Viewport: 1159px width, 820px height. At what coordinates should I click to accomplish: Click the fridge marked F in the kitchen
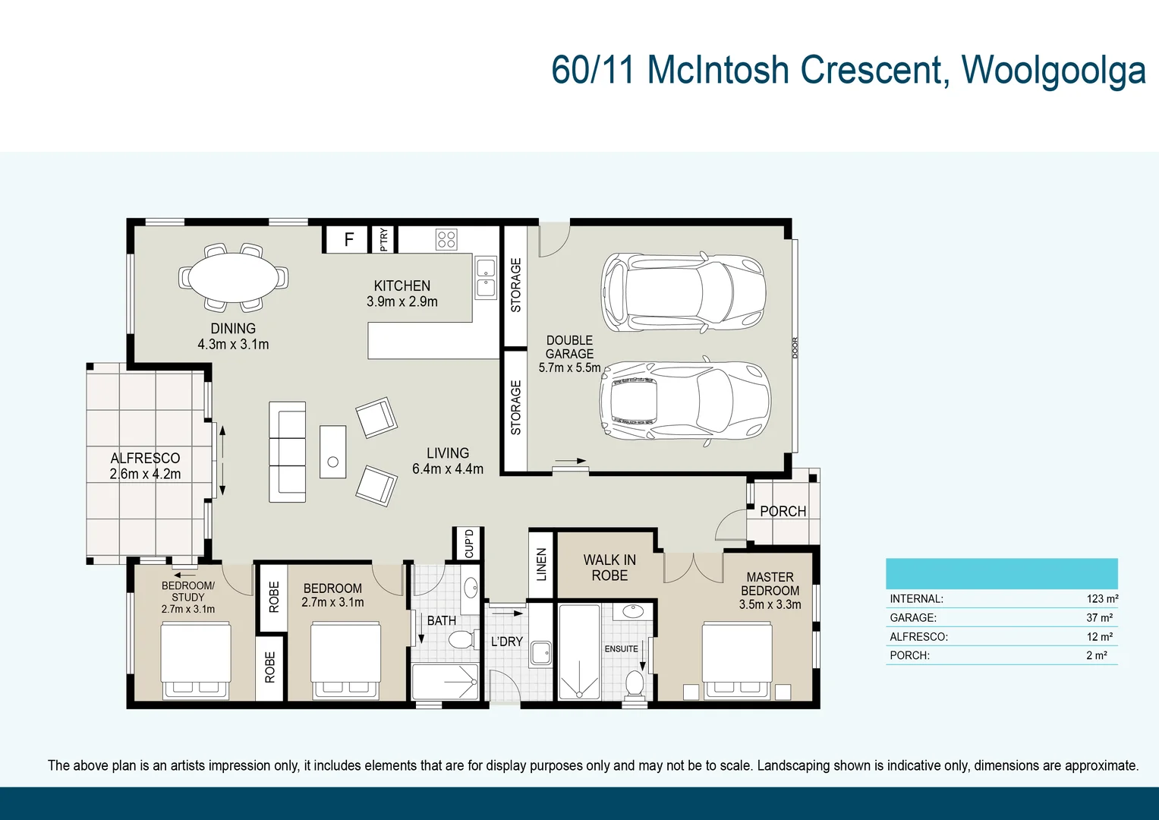[348, 239]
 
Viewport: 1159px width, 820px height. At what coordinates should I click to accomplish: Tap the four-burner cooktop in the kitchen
[446, 239]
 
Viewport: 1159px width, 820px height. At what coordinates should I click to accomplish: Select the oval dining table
[233, 277]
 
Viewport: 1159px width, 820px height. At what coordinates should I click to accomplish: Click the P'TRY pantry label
[383, 240]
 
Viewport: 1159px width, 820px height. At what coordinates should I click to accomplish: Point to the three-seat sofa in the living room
[287, 452]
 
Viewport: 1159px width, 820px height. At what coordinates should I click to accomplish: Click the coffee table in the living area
[332, 452]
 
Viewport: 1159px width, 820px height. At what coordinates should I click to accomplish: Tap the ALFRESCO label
[146, 458]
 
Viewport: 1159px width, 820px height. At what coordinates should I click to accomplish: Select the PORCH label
[783, 512]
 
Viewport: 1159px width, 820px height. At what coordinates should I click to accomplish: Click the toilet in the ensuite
[635, 683]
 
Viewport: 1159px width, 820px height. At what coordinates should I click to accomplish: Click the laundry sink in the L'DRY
[541, 654]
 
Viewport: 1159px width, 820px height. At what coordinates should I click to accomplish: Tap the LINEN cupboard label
[541, 565]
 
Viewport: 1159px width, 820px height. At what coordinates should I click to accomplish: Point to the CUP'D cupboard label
[469, 544]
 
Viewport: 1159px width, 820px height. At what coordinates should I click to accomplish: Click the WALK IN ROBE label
[609, 568]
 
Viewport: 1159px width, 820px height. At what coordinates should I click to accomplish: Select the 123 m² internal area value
[1102, 599]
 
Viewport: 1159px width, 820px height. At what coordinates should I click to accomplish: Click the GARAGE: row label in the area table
[913, 617]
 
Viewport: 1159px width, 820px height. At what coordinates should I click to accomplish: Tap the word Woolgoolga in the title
[1053, 70]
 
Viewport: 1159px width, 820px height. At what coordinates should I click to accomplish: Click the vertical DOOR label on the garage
[795, 348]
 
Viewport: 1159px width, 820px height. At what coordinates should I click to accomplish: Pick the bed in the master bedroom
[737, 661]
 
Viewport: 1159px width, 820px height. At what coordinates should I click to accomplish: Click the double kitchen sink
[486, 277]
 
